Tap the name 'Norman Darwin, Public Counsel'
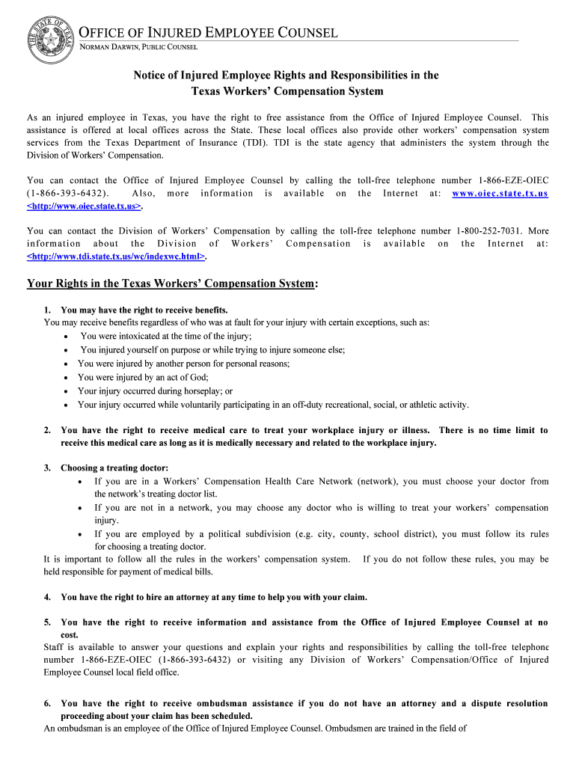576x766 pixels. click(139, 47)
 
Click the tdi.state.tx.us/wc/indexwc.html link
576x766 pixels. click(116, 256)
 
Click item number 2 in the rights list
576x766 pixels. click(47, 430)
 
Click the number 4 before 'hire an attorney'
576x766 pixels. click(47, 597)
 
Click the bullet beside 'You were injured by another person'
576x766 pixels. click(67, 364)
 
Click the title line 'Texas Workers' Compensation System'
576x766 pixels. click(287, 91)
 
